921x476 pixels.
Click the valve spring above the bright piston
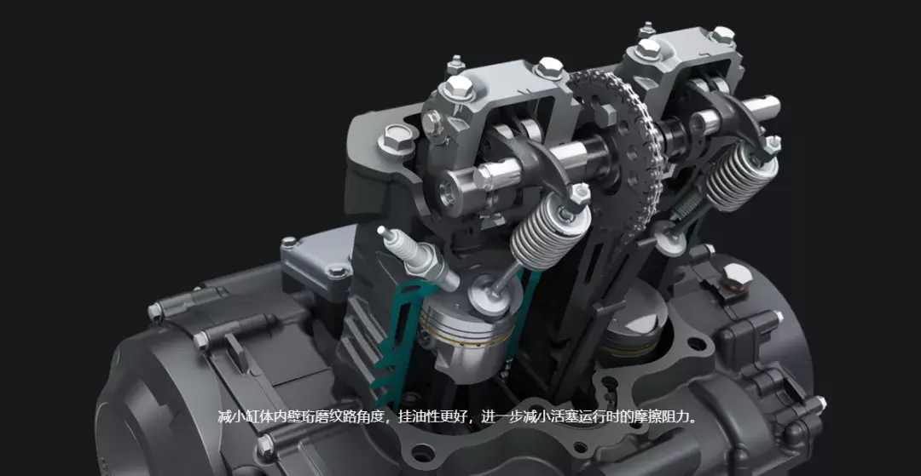pos(550,230)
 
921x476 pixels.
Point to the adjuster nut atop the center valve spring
pos(580,194)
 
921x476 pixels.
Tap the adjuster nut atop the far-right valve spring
pos(772,145)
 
